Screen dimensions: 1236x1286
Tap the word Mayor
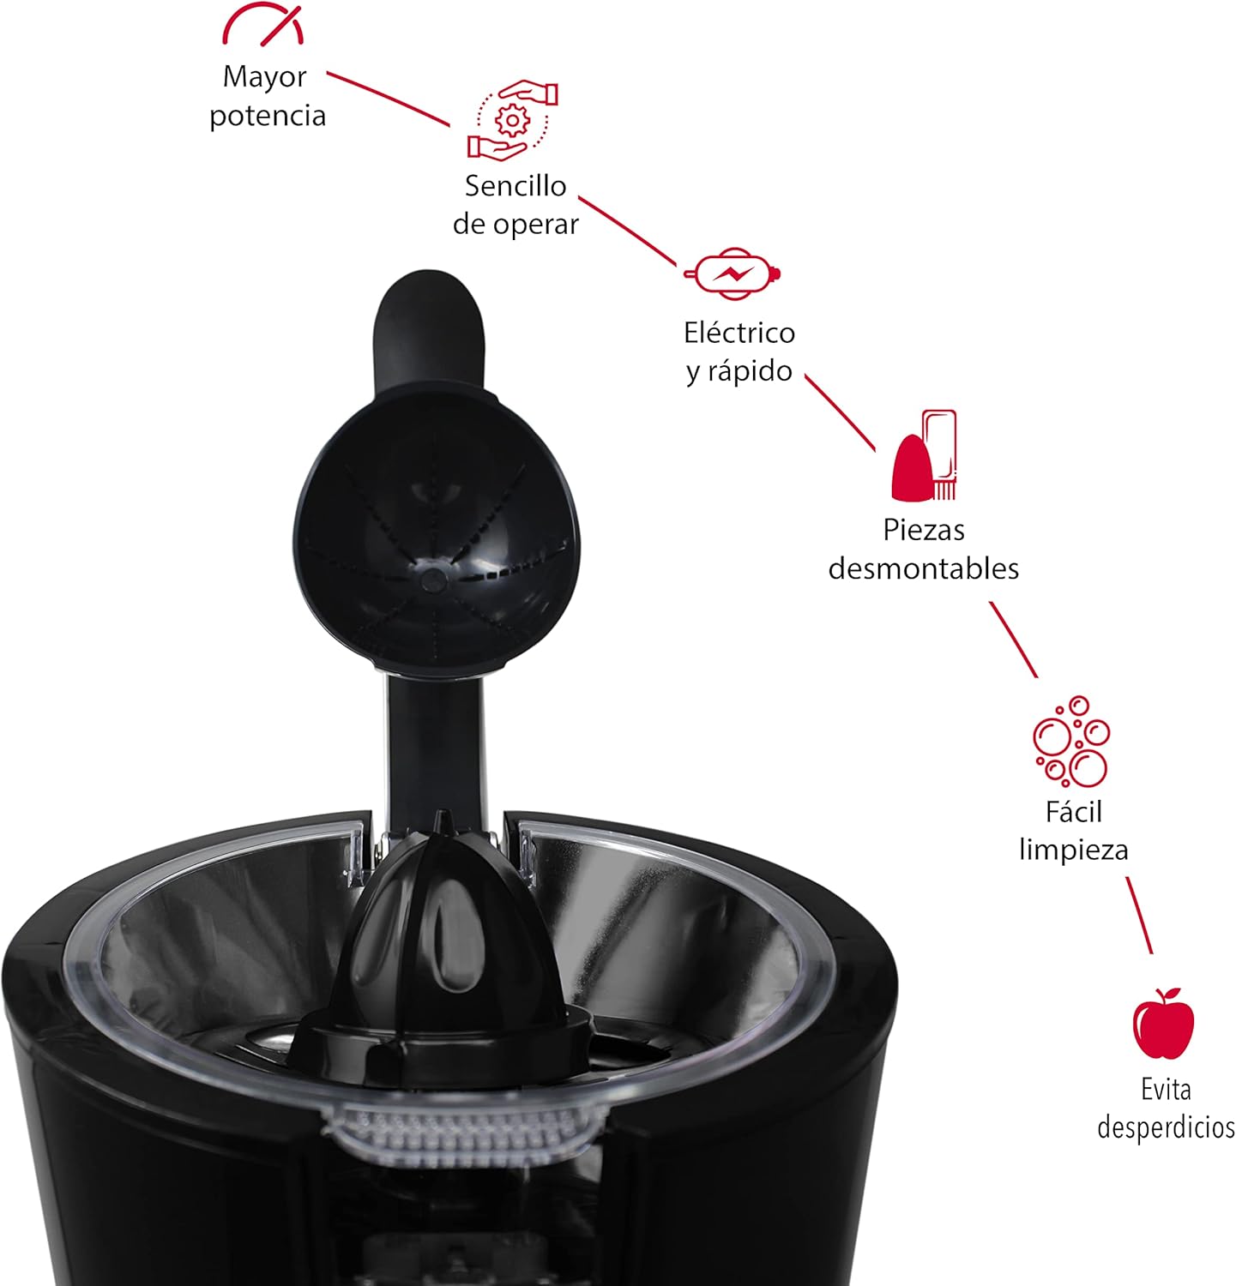(264, 78)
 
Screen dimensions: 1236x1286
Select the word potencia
(268, 116)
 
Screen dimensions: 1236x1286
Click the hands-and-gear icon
(513, 119)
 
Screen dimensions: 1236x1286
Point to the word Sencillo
(516, 185)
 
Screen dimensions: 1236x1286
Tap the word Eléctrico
(739, 332)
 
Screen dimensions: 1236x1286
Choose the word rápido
(751, 371)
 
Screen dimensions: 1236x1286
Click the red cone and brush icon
(924, 455)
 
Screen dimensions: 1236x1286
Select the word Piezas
(924, 530)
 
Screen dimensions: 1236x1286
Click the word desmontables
(924, 568)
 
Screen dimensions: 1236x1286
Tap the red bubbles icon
(1071, 742)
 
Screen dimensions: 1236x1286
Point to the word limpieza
(1073, 850)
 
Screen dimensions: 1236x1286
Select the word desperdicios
(1166, 1127)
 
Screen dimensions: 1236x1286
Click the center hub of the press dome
(433, 579)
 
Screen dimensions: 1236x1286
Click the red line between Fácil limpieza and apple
(1139, 915)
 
